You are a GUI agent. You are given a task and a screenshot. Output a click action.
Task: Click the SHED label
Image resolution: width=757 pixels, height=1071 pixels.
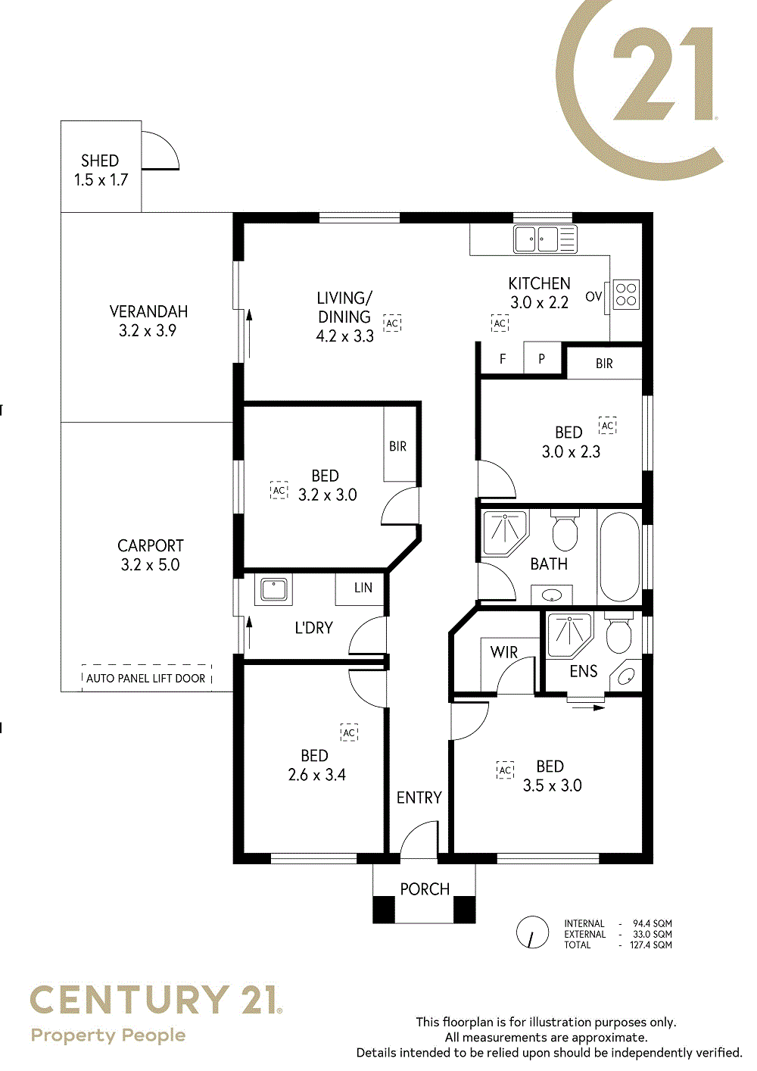pyautogui.click(x=100, y=160)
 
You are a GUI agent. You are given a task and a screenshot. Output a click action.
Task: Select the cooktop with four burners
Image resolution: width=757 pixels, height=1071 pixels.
pyautogui.click(x=626, y=294)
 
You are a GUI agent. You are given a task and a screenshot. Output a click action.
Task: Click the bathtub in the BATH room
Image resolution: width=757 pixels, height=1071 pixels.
pyautogui.click(x=619, y=557)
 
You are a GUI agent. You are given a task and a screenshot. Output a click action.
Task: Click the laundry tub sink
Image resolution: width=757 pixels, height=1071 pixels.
pyautogui.click(x=274, y=589)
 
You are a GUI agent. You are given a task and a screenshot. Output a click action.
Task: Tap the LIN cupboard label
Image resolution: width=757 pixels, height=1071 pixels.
pyautogui.click(x=363, y=588)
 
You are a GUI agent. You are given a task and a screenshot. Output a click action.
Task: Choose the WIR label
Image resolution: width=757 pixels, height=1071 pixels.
pyautogui.click(x=503, y=652)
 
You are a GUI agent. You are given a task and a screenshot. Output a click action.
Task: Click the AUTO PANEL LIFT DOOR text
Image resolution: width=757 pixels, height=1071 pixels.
pyautogui.click(x=146, y=678)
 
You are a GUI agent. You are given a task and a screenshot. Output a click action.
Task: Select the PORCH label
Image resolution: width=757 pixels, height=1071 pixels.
pyautogui.click(x=425, y=888)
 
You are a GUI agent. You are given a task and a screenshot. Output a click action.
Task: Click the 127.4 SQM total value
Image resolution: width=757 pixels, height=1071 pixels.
pyautogui.click(x=650, y=945)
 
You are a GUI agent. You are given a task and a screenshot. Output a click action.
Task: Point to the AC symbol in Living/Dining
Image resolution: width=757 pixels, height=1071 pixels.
pyautogui.click(x=392, y=323)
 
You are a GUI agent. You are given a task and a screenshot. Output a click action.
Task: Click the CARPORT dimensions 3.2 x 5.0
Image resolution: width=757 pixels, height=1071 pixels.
pyautogui.click(x=150, y=565)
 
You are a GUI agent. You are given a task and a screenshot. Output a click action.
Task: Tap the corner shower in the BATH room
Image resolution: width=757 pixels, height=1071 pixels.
pyautogui.click(x=505, y=532)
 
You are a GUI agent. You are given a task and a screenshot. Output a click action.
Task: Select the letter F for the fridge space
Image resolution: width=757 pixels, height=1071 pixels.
pyautogui.click(x=503, y=359)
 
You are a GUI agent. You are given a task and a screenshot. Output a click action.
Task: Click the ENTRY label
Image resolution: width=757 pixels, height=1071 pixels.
pyautogui.click(x=419, y=798)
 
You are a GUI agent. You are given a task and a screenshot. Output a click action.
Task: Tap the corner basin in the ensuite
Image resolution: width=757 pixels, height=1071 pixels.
pyautogui.click(x=626, y=675)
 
